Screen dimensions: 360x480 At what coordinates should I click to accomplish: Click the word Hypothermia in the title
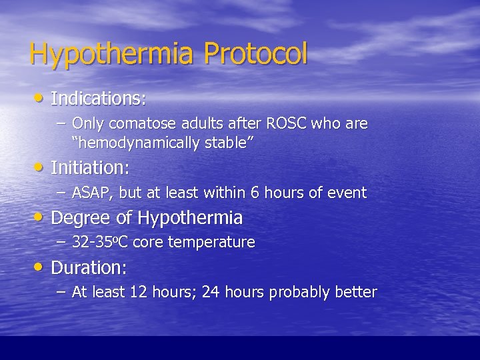112,54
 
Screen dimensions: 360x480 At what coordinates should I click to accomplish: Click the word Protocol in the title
256,54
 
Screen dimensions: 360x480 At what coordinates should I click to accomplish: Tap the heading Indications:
98,99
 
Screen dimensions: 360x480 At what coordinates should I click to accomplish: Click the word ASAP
93,193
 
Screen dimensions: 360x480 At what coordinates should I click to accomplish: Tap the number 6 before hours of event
255,193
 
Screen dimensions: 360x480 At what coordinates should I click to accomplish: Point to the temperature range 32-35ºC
100,242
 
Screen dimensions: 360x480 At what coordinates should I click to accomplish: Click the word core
148,242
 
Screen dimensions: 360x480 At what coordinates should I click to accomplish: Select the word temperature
211,242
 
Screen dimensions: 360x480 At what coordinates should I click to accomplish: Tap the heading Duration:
89,268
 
